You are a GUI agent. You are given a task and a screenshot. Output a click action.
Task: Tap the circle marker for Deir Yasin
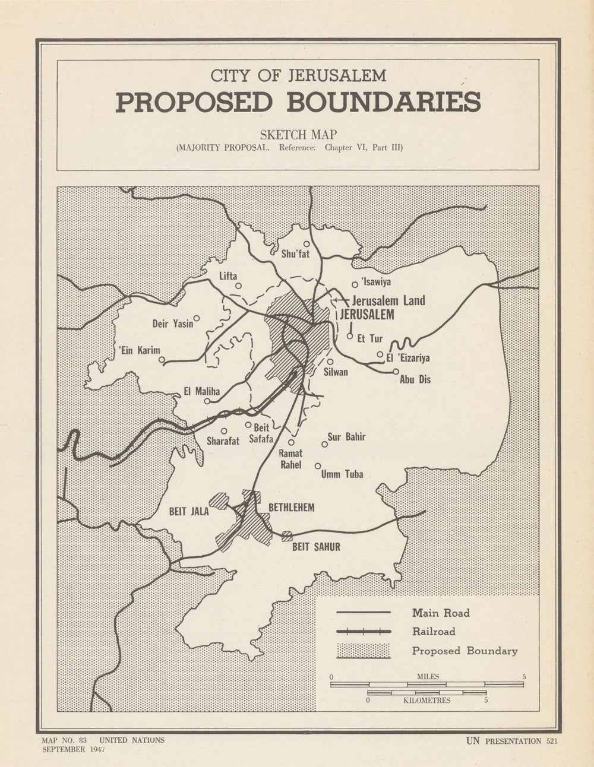pos(197,318)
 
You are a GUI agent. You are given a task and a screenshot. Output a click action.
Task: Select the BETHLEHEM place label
pos(291,508)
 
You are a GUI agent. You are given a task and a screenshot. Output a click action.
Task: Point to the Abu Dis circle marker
pos(396,372)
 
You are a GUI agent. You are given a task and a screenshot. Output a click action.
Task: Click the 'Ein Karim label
pos(140,350)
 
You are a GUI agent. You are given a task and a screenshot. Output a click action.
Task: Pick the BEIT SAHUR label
pos(316,547)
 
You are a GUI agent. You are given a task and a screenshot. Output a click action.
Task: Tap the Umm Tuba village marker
pos(318,466)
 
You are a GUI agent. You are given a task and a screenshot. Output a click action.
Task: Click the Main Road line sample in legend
pos(364,613)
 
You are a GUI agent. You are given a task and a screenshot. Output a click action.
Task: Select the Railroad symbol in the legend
pos(364,632)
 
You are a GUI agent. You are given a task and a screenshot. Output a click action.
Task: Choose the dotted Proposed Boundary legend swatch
pos(364,651)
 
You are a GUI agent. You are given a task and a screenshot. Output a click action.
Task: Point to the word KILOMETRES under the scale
pos(426,701)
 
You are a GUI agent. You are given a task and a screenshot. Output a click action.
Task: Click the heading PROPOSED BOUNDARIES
pos(298,102)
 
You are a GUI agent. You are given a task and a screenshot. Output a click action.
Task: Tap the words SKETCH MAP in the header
pos(298,135)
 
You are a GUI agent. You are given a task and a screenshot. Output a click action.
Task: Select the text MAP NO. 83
pos(65,740)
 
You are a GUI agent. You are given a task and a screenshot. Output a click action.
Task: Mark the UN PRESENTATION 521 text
pos(511,741)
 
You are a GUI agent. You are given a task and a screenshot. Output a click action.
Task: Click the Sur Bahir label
pos(346,438)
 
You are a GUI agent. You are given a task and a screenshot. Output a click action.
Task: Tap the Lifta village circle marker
pos(238,286)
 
